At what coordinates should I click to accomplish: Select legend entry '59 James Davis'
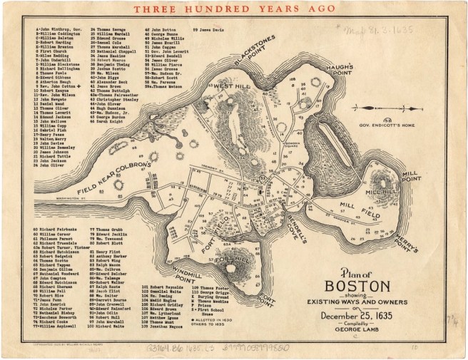(207, 32)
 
